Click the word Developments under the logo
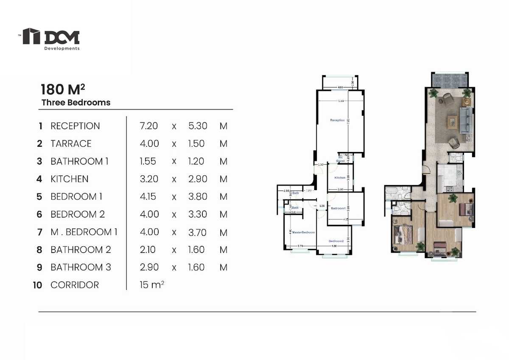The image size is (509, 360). click(x=62, y=48)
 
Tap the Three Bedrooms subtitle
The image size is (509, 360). click(x=76, y=102)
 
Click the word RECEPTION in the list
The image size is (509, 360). click(x=75, y=126)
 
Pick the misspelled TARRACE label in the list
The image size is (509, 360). click(x=71, y=143)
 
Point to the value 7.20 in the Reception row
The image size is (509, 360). click(x=148, y=126)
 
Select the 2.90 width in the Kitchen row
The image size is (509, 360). click(x=197, y=179)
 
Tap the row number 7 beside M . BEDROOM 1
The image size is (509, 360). click(x=40, y=232)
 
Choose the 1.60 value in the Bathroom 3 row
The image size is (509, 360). click(x=196, y=267)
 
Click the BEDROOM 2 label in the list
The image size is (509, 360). click(x=77, y=214)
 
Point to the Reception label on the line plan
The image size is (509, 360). click(x=337, y=121)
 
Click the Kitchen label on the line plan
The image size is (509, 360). click(x=340, y=177)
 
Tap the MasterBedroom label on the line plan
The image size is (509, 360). click(x=303, y=233)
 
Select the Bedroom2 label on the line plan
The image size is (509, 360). click(x=336, y=241)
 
